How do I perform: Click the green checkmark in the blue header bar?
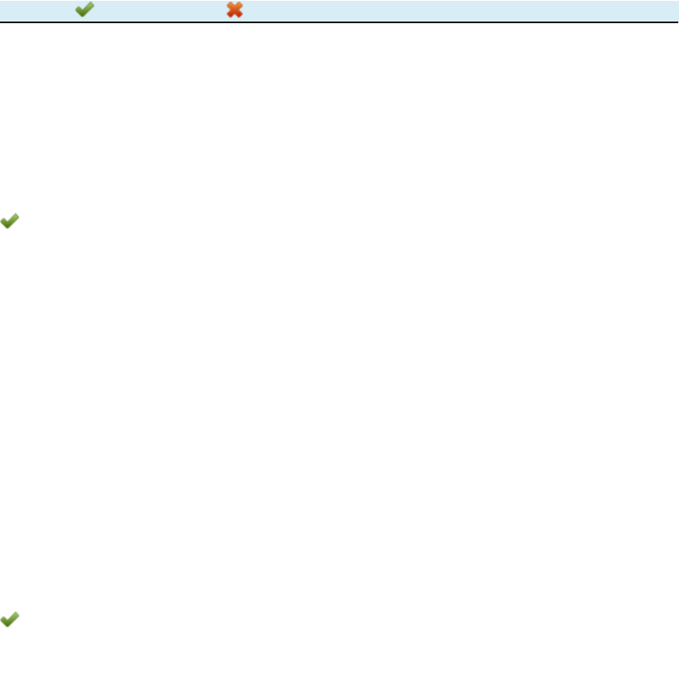(x=85, y=10)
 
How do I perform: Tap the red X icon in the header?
(x=235, y=10)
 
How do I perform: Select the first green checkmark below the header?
(x=10, y=222)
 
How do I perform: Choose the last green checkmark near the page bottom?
(x=10, y=619)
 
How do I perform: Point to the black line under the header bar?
(x=339, y=22)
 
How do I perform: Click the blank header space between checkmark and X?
(x=160, y=10)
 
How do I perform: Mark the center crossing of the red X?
(x=235, y=10)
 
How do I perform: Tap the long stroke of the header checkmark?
(x=88, y=9)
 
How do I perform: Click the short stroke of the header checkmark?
(x=79, y=11)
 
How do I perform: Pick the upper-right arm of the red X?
(x=239, y=6)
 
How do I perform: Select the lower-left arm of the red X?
(x=230, y=15)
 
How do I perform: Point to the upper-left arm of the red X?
(x=230, y=6)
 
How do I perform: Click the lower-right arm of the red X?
(x=239, y=15)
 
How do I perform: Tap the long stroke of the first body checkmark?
(x=13, y=220)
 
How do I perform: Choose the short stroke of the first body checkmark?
(x=5, y=224)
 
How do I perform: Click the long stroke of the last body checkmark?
(x=13, y=617)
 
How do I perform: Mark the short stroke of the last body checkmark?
(x=5, y=620)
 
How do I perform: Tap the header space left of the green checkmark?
(x=36, y=10)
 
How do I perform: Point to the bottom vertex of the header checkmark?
(x=82, y=16)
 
